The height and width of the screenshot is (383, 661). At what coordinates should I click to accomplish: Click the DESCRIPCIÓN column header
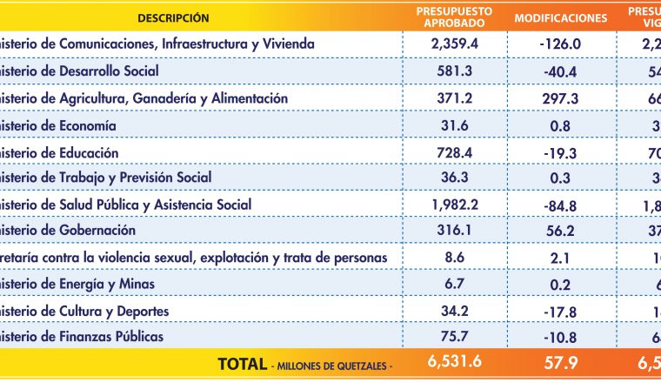click(x=173, y=17)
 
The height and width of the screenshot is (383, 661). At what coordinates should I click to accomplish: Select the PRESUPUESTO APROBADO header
click(x=454, y=17)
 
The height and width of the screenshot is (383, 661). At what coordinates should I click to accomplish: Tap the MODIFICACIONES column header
click(x=561, y=17)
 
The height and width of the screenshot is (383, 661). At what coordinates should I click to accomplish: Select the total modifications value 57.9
click(x=561, y=364)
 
